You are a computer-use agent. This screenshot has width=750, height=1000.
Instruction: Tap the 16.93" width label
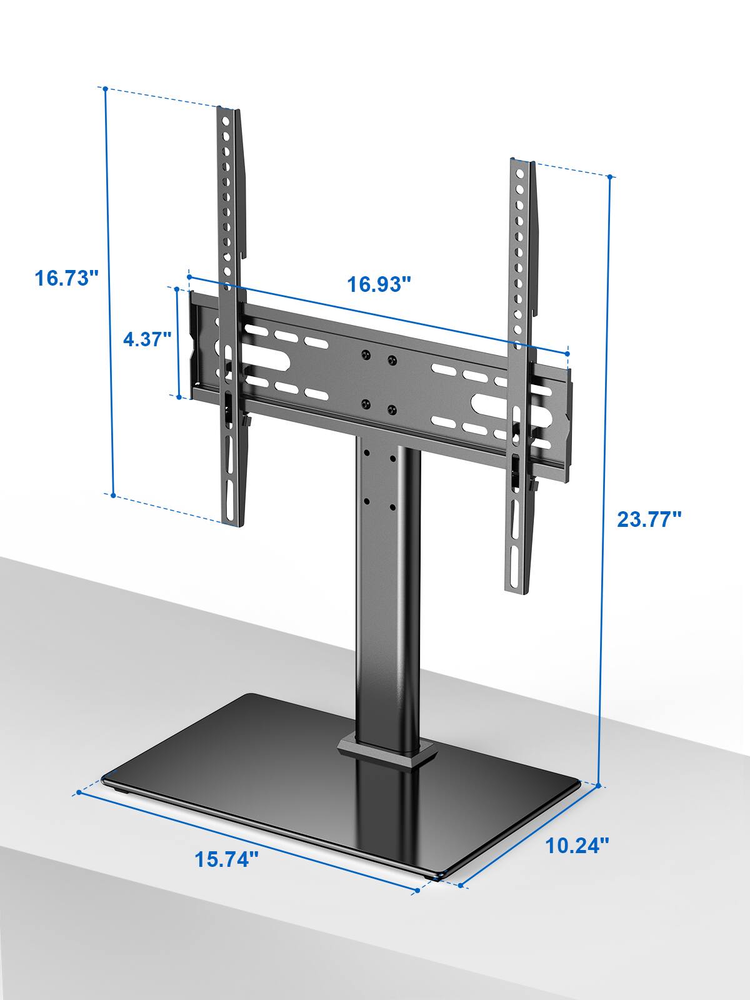tap(379, 284)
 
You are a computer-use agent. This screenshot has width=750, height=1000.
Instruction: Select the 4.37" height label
tap(147, 340)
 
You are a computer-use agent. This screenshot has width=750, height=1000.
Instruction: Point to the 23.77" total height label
tap(649, 519)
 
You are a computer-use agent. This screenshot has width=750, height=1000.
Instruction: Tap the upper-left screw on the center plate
tap(364, 356)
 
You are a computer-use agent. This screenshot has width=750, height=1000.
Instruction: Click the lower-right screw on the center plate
tap(392, 409)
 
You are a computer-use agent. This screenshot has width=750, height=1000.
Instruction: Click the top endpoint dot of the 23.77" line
tap(611, 176)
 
